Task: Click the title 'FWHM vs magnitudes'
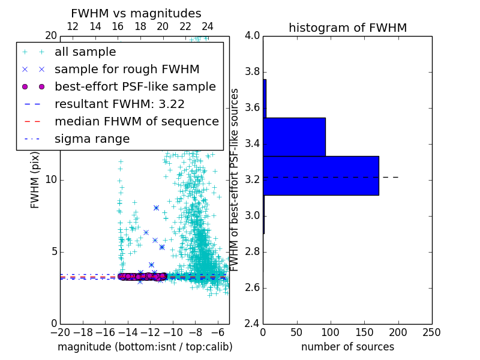(x=136, y=13)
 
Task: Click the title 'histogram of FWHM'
(x=347, y=28)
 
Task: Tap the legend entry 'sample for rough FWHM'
(x=127, y=69)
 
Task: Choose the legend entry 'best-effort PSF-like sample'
(x=135, y=86)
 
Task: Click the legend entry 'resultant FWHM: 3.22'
(x=119, y=104)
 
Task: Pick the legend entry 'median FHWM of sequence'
(x=136, y=121)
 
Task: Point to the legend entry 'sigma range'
(x=92, y=139)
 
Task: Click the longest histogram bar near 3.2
(x=320, y=175)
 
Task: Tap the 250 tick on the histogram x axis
(x=431, y=332)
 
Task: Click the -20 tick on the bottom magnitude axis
(x=60, y=332)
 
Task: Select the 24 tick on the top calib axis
(x=208, y=26)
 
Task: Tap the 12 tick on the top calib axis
(x=73, y=26)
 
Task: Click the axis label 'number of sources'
(x=347, y=347)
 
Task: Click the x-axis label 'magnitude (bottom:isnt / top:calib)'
(x=145, y=347)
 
